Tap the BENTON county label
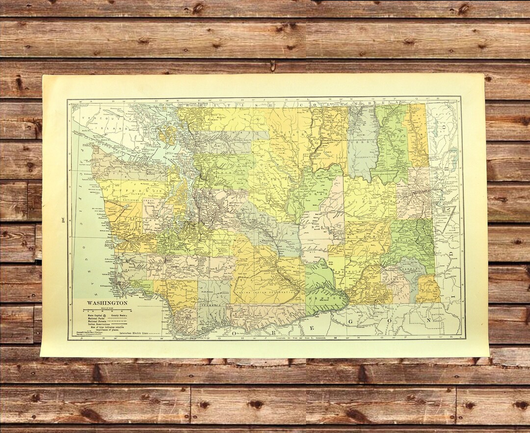[x=325, y=298]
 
